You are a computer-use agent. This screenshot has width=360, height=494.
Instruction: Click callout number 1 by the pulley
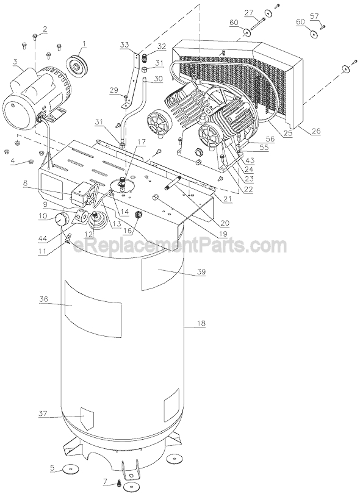point(84,43)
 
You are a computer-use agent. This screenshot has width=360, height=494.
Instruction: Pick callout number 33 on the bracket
point(124,46)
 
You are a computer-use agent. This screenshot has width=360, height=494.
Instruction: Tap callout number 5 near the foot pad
point(52,468)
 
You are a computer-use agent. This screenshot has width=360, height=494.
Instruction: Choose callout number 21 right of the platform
point(227,199)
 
